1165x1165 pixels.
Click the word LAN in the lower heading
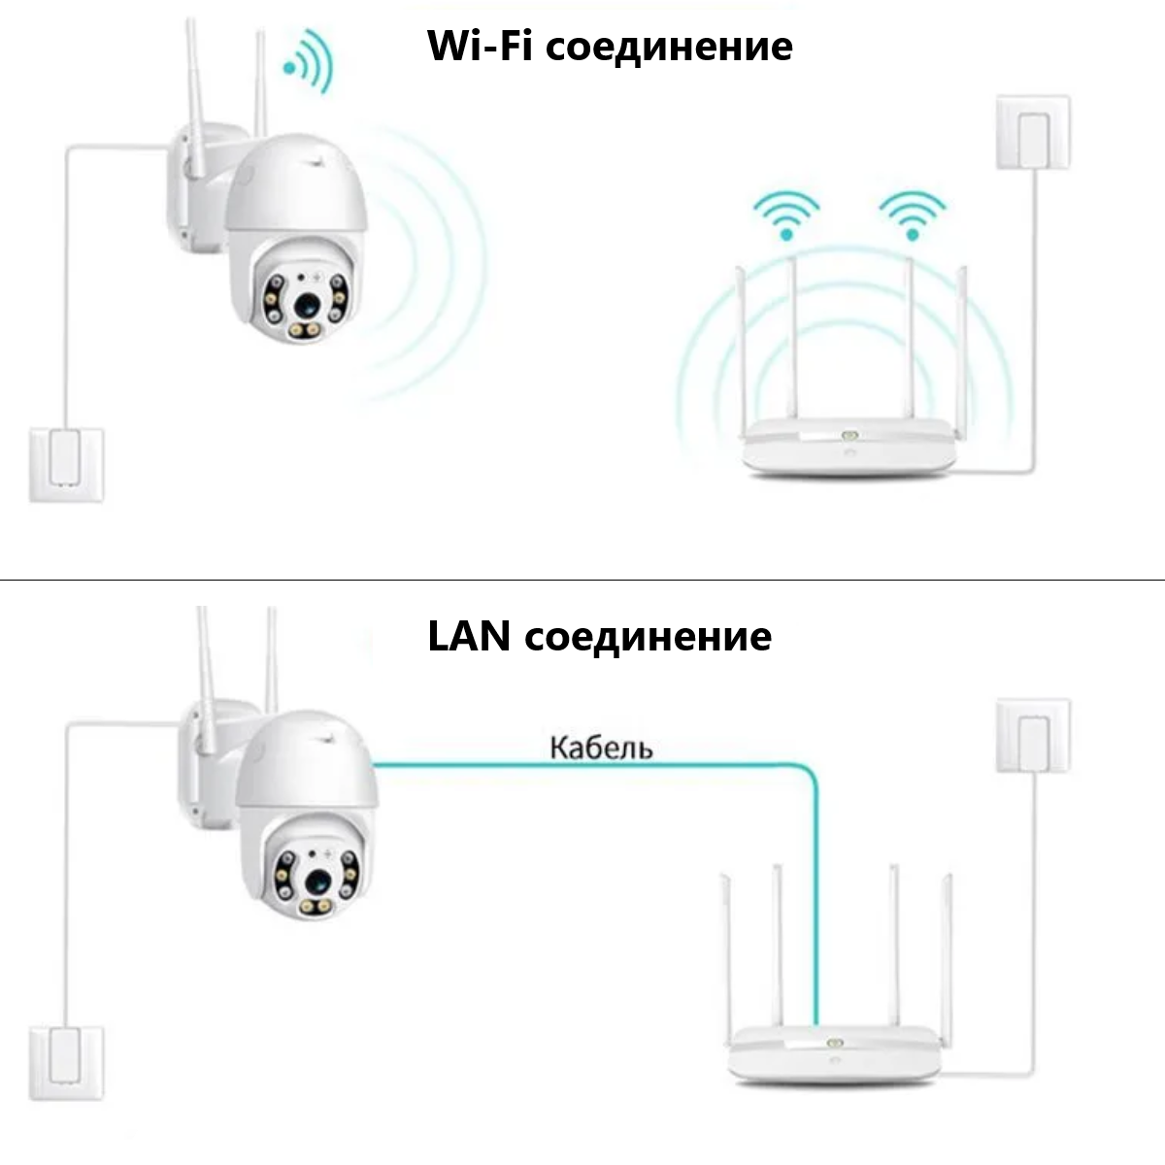point(469,637)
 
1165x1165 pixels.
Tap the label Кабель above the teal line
point(601,748)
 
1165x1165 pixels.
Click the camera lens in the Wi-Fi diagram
point(308,303)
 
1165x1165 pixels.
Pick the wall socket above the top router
point(1033,132)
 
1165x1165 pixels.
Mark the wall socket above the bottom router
point(1033,734)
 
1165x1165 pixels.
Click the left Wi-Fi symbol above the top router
point(787,216)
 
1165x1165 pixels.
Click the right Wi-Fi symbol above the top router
point(911,216)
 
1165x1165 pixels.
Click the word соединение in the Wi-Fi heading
point(669,47)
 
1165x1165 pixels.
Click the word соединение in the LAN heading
point(649,637)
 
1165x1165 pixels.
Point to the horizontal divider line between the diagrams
point(582,581)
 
